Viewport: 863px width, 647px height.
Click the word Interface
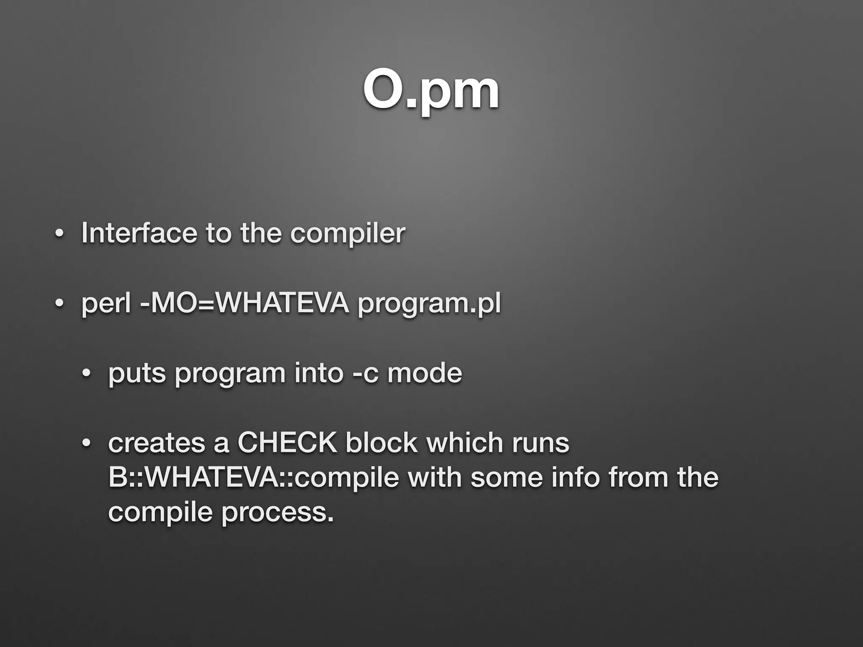point(139,233)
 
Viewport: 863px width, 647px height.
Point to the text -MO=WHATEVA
point(244,303)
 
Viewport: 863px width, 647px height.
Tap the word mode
point(424,373)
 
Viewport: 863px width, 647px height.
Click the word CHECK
point(287,443)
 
